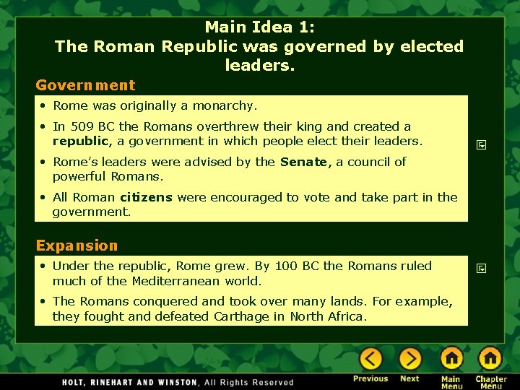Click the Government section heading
[x=85, y=85]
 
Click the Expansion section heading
[x=77, y=246]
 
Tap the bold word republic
[x=80, y=141]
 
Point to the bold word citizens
[x=145, y=197]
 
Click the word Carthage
[x=259, y=316]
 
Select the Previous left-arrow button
[x=371, y=359]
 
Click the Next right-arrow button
[x=409, y=359]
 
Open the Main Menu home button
[x=451, y=359]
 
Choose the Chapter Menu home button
[x=490, y=359]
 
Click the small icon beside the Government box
[x=482, y=145]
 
